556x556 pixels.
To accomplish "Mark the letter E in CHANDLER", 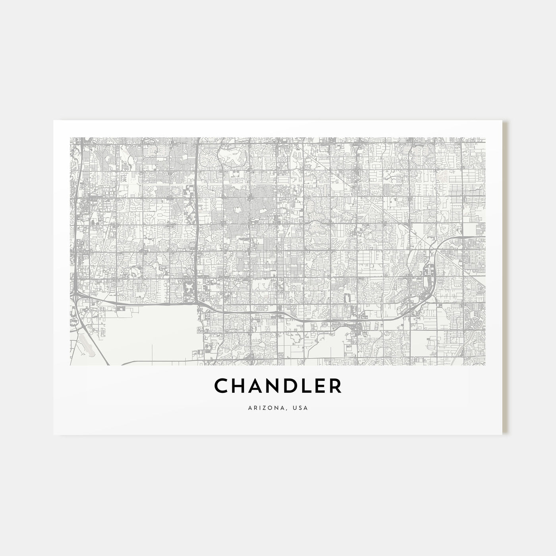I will pyautogui.click(x=319, y=386).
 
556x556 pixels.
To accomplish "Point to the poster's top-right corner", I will pyautogui.click(x=503, y=121).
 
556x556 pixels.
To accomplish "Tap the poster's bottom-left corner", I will pyautogui.click(x=54, y=434).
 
